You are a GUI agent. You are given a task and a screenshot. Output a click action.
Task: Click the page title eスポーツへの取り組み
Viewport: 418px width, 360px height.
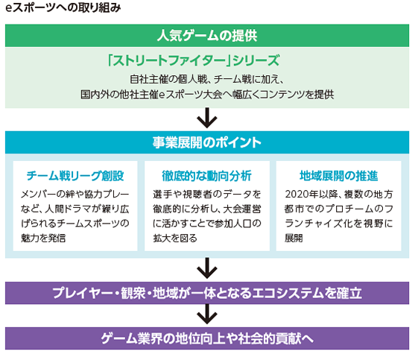63,7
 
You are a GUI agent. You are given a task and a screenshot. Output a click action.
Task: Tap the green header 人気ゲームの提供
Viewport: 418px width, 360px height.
207,36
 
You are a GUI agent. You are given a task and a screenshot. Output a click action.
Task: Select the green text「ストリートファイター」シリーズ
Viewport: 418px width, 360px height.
194,60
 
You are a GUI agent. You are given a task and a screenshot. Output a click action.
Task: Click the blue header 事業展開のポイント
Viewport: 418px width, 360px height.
207,142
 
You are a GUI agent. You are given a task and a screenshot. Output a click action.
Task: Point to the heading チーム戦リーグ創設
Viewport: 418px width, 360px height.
75,176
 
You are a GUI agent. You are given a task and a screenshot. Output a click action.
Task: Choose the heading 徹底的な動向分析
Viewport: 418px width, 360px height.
207,176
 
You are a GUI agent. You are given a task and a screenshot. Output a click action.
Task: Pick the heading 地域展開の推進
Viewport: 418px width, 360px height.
338,176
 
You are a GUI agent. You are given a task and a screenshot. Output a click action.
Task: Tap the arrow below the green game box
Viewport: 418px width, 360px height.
207,118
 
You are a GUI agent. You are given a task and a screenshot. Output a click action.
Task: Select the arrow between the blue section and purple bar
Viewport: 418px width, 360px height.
207,268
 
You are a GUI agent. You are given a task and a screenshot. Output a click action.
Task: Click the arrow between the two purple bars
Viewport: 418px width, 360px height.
207,315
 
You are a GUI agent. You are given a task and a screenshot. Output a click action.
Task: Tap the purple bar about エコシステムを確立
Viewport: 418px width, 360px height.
207,293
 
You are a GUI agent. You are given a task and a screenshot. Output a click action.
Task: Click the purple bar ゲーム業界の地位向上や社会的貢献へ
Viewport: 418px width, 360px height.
207,338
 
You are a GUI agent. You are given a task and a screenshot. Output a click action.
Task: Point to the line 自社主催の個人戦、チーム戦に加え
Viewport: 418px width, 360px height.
207,79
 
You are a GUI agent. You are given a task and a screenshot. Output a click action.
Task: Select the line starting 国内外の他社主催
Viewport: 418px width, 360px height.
207,95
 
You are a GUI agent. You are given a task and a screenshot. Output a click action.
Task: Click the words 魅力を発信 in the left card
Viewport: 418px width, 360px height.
43,238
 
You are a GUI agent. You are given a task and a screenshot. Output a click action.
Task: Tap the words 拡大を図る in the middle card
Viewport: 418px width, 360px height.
175,238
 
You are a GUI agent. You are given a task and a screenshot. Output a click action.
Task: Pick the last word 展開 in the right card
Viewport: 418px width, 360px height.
294,238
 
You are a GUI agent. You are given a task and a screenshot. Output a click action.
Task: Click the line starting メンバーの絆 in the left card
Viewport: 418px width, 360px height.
75,194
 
